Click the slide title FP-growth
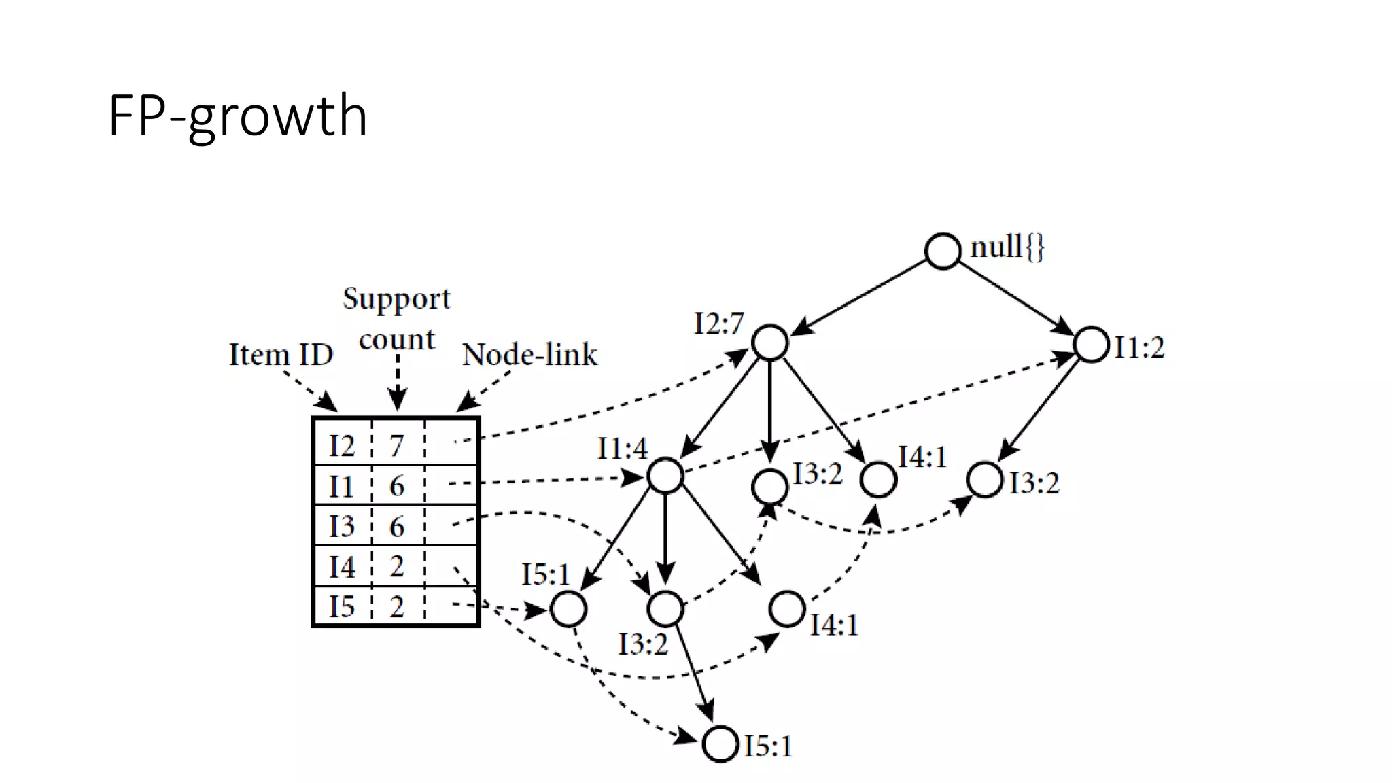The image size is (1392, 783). click(238, 116)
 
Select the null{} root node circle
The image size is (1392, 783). click(943, 251)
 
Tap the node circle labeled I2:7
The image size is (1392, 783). click(770, 342)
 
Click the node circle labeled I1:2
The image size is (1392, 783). click(1092, 345)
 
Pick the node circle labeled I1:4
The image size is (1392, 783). click(665, 476)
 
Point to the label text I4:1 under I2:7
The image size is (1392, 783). click(922, 457)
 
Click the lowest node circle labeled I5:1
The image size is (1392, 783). click(720, 744)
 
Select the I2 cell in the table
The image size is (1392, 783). click(342, 446)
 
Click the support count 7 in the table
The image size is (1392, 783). click(397, 446)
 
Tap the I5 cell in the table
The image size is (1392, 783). click(342, 606)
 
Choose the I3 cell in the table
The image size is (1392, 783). click(342, 526)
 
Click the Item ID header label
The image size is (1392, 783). click(281, 354)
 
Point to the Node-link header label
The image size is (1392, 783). click(529, 354)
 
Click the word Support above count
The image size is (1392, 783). click(396, 298)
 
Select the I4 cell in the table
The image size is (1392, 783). click(342, 566)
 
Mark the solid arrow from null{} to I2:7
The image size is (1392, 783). click(860, 297)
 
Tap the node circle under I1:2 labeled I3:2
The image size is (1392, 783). click(984, 480)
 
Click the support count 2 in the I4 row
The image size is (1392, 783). click(397, 566)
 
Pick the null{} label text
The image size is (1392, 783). click(1007, 247)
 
